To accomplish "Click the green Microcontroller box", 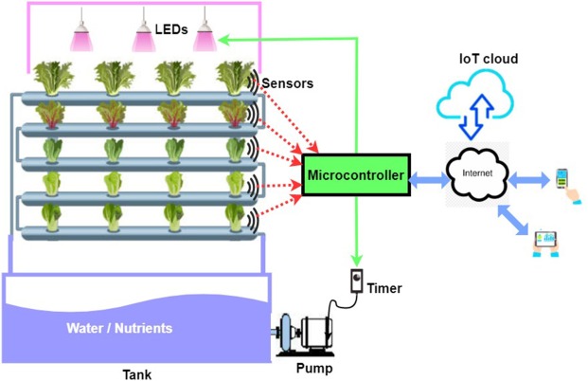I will point(355,175).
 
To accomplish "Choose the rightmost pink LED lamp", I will point(205,35).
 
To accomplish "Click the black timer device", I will point(357,281).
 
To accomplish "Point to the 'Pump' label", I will point(312,367).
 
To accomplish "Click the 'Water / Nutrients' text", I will point(119,328).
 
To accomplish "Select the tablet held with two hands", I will point(545,242).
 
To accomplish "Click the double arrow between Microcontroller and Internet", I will point(426,176).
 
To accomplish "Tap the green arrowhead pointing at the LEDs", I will point(228,38).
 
